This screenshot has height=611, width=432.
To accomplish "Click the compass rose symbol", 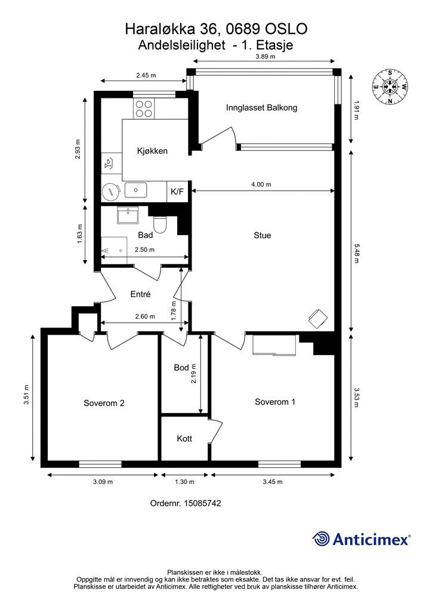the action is point(390,87).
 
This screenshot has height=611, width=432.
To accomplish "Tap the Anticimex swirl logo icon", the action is point(321,539).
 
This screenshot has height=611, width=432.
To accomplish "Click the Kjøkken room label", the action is point(152,151).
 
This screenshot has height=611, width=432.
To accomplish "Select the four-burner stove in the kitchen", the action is point(144,109).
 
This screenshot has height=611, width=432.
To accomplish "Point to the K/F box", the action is point(177,192).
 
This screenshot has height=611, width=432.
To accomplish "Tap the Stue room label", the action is point(262,235).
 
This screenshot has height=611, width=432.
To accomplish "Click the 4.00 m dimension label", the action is point(261,184).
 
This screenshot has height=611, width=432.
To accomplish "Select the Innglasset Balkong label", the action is point(261,107).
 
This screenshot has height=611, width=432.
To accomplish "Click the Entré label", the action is point(140,294).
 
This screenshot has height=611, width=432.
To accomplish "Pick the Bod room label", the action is point(181,368).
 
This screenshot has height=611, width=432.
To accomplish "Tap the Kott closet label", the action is point(184,439).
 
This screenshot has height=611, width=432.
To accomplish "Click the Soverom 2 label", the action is point(104,403).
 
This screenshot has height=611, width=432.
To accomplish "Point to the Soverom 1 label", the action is point(275,402).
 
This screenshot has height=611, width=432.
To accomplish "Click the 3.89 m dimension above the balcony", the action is point(266,56).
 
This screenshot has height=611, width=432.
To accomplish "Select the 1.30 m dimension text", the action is point(184,482).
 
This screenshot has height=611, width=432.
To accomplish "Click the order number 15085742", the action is point(202,503).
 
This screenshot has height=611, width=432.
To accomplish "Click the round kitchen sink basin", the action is point(110,192).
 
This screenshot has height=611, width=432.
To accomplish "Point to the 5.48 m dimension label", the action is point(356,253).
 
